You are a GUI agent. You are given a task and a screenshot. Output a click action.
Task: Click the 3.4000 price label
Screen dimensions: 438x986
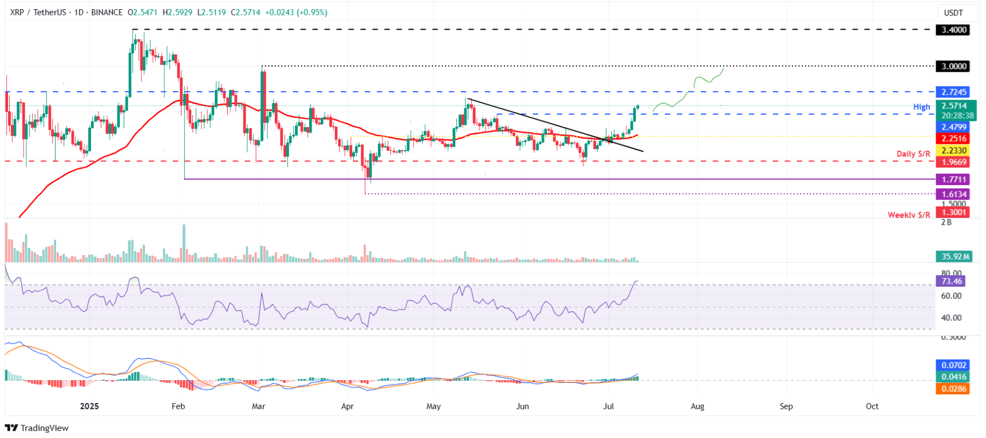[953, 30]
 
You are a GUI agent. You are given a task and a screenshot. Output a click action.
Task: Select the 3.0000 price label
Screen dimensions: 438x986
[953, 67]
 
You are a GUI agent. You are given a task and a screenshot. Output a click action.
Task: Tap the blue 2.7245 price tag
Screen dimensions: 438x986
[953, 92]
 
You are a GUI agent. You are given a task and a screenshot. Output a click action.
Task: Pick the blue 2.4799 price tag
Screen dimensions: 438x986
[953, 127]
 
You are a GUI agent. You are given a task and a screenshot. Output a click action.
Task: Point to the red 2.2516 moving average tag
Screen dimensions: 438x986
[953, 139]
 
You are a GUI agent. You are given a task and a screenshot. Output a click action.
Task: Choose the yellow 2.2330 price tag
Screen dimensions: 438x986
[953, 151]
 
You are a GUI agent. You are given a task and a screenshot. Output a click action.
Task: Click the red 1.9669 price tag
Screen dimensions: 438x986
[953, 162]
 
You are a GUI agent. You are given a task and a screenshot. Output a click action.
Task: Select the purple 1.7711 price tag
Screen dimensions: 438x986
[953, 179]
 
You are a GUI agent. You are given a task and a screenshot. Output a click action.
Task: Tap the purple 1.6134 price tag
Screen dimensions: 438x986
[953, 194]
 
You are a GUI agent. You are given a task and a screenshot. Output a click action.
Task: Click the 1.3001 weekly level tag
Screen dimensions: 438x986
[953, 213]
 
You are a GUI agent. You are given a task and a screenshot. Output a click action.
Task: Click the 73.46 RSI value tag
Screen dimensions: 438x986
[951, 281]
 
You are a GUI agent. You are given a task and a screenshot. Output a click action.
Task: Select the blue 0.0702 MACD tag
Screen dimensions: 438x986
[953, 365]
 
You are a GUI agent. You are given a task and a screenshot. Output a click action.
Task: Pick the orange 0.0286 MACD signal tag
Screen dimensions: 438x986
[953, 389]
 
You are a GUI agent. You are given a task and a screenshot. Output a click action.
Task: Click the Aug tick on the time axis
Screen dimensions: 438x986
[697, 406]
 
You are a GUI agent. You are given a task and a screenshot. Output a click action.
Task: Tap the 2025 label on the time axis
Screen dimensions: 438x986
[89, 406]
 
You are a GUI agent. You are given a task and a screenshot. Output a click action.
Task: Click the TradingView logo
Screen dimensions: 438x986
[37, 428]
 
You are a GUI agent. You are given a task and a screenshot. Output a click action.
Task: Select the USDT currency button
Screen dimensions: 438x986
[953, 13]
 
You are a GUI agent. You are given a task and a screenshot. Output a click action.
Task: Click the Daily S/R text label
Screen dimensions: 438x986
[913, 154]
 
